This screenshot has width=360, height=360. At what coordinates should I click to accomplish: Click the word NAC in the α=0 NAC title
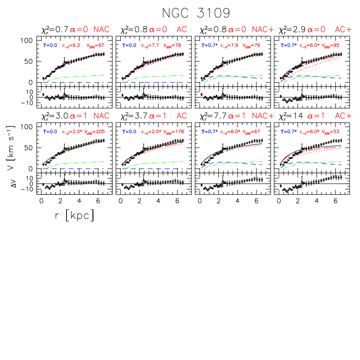tap(101, 30)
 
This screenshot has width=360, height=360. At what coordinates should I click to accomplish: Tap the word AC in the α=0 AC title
tap(182, 30)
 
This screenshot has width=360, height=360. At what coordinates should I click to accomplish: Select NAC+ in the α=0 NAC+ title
tap(263, 30)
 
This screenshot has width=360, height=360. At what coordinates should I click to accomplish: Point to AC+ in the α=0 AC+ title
tap(343, 30)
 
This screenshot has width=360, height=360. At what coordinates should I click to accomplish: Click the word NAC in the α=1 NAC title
tap(101, 116)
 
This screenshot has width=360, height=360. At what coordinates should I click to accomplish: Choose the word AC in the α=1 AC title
tap(182, 116)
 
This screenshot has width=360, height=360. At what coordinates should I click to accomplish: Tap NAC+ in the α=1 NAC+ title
tap(263, 116)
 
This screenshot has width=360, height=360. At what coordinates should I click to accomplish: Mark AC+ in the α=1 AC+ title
tap(343, 116)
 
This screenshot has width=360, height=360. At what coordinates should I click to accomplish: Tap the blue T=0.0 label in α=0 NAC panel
tap(50, 46)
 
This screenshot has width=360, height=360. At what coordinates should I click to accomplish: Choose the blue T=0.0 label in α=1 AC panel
tap(129, 132)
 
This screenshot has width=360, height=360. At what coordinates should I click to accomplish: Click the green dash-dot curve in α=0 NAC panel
tap(74, 77)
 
